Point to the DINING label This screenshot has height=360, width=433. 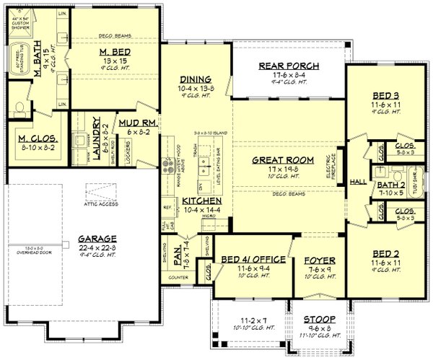pyautogui.click(x=196, y=79)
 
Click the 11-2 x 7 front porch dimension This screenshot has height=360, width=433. pyautogui.click(x=247, y=322)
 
